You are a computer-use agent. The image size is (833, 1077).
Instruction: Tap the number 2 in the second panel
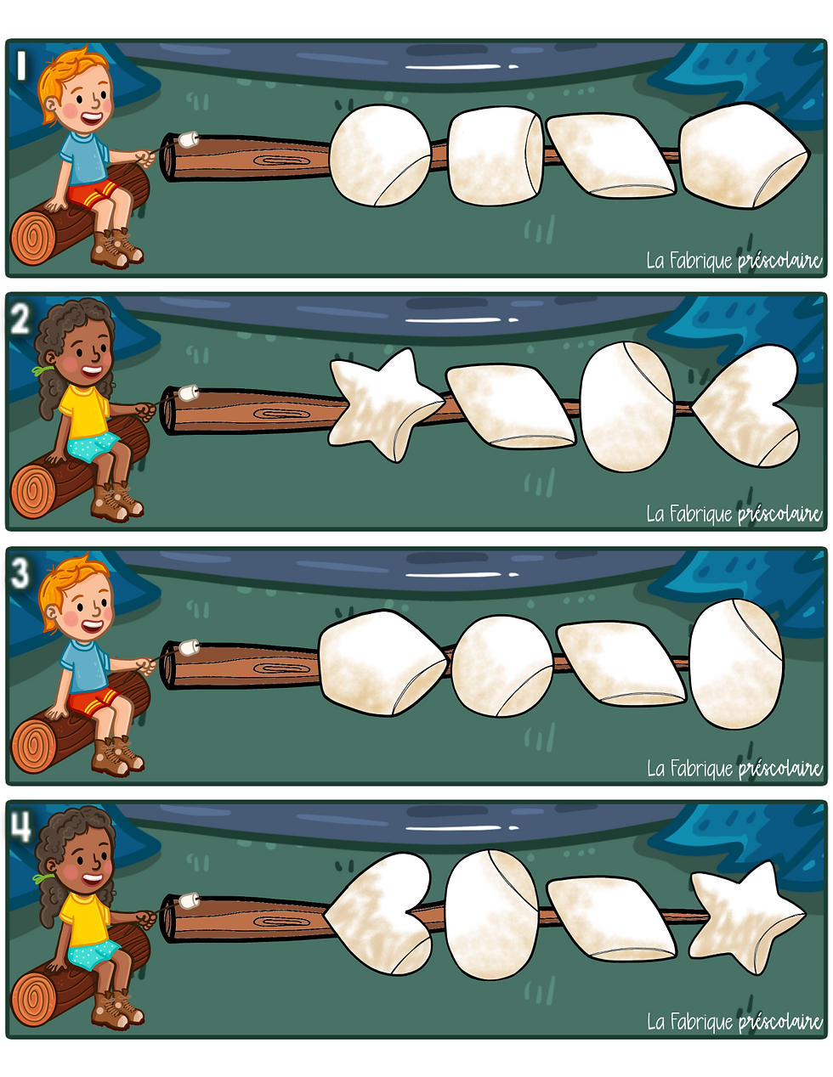tap(20, 319)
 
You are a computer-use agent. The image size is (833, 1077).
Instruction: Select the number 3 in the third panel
tap(20, 574)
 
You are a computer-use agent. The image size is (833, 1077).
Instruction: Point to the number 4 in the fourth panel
tap(20, 827)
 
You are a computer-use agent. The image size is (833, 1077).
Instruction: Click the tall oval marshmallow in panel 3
tap(737, 663)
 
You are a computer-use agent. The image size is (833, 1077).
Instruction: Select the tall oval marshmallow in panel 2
tap(627, 406)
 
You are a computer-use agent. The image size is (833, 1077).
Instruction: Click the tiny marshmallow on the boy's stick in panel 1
tap(189, 139)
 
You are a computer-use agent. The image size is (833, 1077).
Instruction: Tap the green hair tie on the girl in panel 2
tap(41, 370)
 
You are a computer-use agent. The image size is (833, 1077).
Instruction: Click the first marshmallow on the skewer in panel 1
tap(380, 155)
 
